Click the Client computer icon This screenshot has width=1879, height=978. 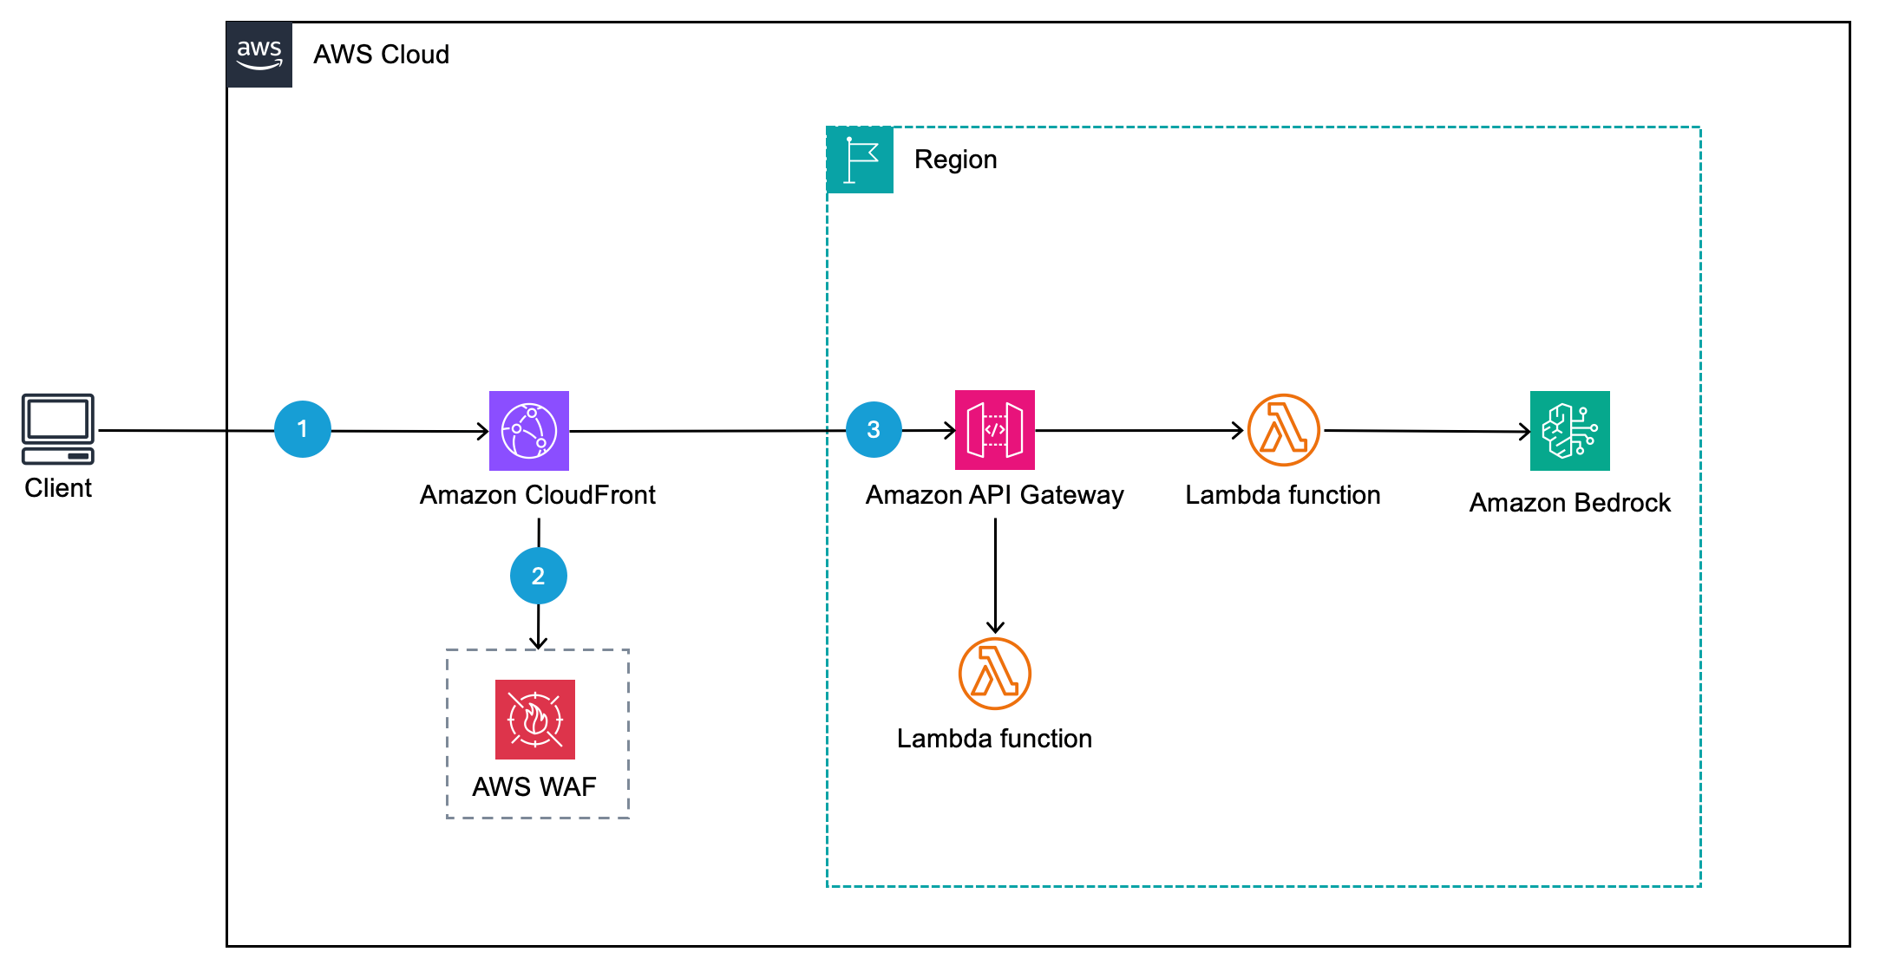pos(58,429)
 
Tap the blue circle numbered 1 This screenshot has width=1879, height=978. pos(302,429)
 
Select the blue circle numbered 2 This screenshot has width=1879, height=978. pos(538,576)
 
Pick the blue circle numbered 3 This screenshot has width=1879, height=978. pos(874,429)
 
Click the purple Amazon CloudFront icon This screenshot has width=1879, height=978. pos(529,431)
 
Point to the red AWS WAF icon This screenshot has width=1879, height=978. pos(535,720)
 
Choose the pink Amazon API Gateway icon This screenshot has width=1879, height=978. pos(995,430)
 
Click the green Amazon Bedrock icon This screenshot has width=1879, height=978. pos(1569,431)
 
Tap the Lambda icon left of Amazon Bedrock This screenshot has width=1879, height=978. pos(1284,430)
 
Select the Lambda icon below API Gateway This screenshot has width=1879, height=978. pos(995,674)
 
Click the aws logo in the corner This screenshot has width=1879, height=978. pos(259,55)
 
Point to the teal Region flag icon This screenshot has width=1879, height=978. pos(861,160)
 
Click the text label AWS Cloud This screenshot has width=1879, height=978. pos(381,55)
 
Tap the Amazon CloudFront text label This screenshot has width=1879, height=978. pos(538,495)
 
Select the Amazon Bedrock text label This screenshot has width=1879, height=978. pos(1569,503)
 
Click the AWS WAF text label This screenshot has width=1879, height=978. pos(534,786)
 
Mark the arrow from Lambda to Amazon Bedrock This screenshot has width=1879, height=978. pos(1427,431)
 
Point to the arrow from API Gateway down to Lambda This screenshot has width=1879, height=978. pos(995,577)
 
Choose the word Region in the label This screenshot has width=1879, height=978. pos(955,160)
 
